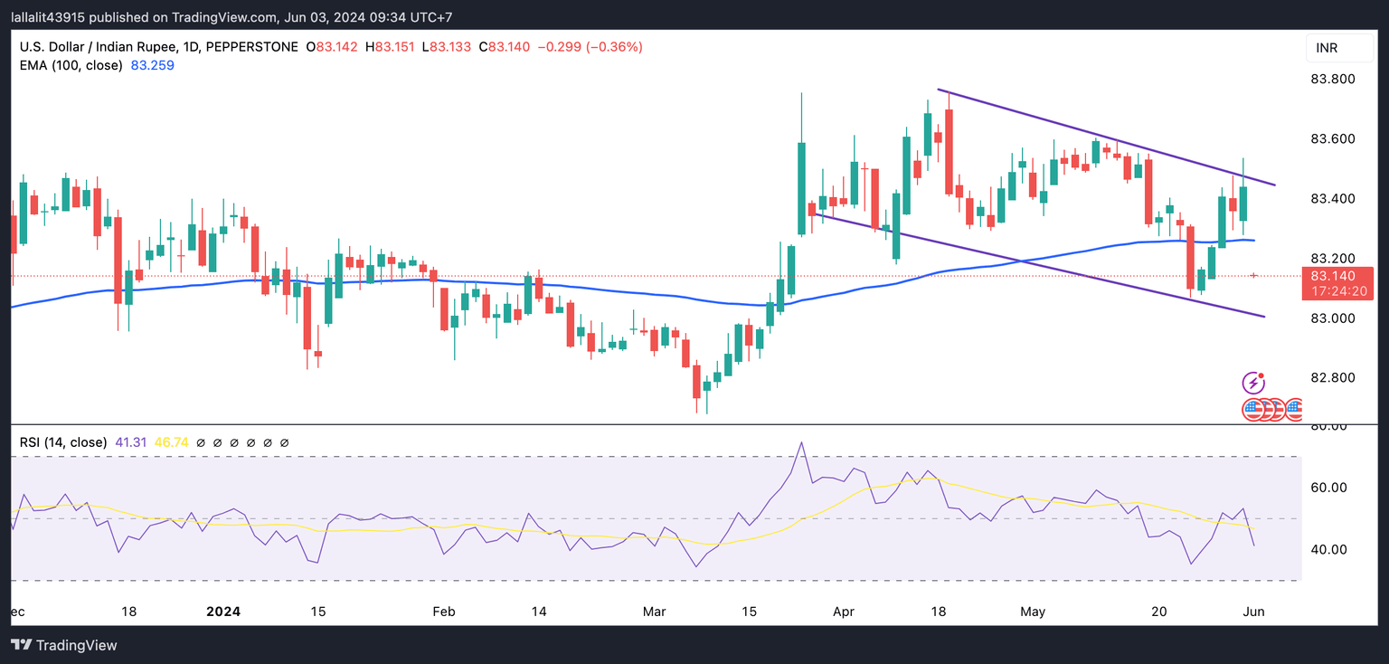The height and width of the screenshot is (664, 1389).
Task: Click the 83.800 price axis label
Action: click(1332, 80)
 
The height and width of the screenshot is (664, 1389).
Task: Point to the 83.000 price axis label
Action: click(1332, 318)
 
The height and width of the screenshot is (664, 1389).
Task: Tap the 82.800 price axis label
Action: click(1332, 378)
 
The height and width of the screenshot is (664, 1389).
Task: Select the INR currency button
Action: click(1327, 48)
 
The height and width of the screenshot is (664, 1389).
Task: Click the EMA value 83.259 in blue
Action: click(153, 65)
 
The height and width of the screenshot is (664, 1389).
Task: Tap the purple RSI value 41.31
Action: click(131, 442)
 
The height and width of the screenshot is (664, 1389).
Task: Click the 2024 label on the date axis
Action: click(223, 612)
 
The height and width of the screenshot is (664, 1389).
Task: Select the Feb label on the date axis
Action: click(443, 612)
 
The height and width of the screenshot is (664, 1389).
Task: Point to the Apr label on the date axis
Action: click(843, 612)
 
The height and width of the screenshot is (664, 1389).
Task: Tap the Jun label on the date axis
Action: click(1253, 612)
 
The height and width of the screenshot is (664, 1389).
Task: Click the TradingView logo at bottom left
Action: click(64, 645)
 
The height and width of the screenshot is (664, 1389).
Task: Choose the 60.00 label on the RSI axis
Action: click(1329, 488)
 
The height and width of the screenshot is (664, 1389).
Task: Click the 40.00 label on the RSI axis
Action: click(1329, 550)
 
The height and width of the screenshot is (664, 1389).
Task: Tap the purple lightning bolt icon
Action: click(1252, 383)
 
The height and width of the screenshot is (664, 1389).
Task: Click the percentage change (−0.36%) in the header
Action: click(615, 47)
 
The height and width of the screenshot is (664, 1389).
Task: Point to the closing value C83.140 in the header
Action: click(504, 47)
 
